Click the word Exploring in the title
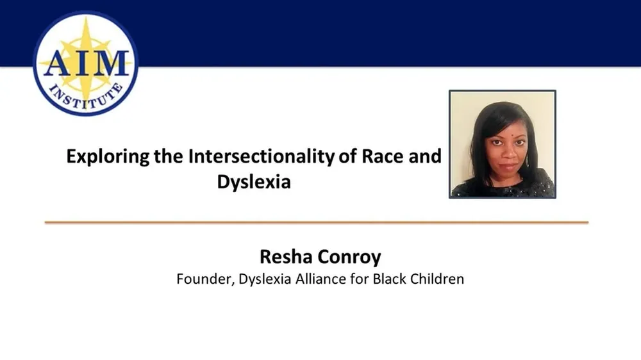[108, 157]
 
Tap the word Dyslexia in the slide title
[254, 182]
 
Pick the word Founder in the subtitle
[201, 279]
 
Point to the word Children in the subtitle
[438, 279]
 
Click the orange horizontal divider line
[316, 222]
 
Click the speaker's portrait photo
[502, 144]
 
